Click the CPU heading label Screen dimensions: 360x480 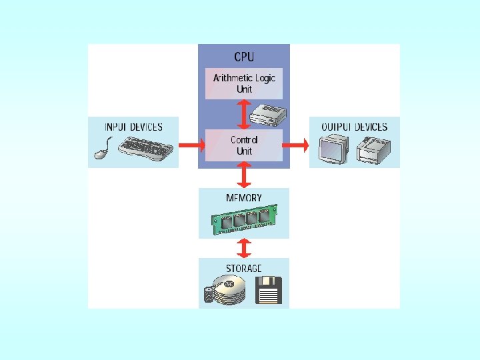[244, 57]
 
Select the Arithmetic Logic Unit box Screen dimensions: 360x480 [244, 83]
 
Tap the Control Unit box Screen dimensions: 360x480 [244, 145]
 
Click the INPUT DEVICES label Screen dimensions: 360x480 [133, 127]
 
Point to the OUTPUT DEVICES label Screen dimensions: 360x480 [354, 127]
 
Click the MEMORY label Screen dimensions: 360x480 [244, 198]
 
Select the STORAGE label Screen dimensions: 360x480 [244, 268]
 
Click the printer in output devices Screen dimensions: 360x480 [371, 149]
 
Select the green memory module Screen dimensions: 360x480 [244, 219]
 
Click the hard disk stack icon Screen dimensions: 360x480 [225, 292]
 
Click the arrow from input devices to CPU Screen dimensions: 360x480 [189, 145]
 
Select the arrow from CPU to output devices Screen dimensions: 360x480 [299, 145]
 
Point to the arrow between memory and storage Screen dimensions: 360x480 [244, 248]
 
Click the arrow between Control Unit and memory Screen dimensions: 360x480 [244, 175]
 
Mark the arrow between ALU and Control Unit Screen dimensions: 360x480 [244, 114]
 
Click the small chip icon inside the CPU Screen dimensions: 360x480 [269, 116]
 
